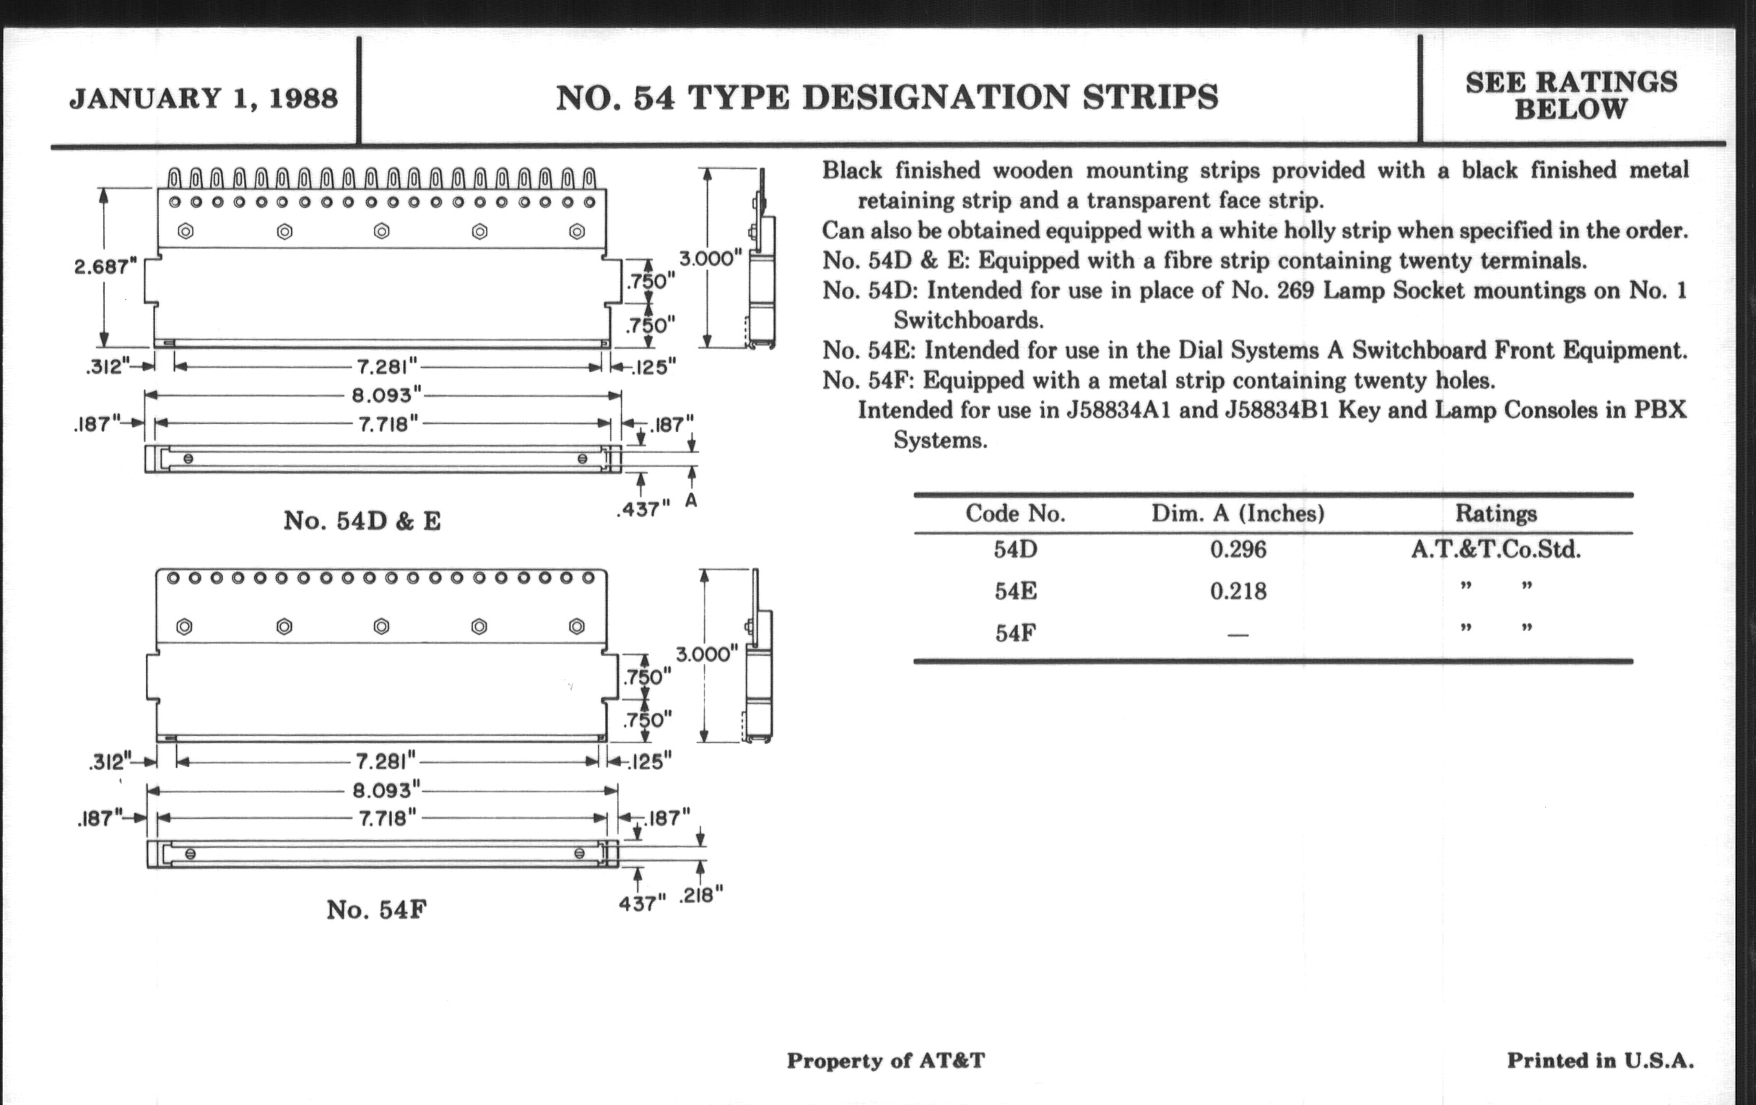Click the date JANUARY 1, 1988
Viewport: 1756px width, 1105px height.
pos(204,97)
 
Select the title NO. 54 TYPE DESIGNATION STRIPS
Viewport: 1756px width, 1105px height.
pos(887,97)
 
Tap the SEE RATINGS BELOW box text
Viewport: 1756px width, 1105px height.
pos(1570,95)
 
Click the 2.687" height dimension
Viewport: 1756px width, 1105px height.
pos(105,267)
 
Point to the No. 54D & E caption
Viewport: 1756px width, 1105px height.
pos(362,521)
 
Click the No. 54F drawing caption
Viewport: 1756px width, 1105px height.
pos(376,909)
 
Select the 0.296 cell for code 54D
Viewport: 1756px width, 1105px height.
pos(1238,549)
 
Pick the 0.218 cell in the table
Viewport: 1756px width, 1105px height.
pos(1238,591)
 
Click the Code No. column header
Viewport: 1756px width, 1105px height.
pos(1015,513)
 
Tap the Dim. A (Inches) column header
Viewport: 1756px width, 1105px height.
pos(1238,513)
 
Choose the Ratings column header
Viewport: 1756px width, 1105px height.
pos(1495,513)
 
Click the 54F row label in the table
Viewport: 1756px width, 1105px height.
pos(1015,633)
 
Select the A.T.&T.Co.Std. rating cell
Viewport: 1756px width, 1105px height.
pos(1495,549)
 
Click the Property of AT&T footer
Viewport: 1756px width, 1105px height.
pos(885,1060)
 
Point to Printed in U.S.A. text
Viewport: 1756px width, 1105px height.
pos(1600,1060)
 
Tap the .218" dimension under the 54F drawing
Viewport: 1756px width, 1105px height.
pos(700,895)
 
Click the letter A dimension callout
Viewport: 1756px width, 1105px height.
pos(691,501)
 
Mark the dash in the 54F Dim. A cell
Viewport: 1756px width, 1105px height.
pos(1238,635)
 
